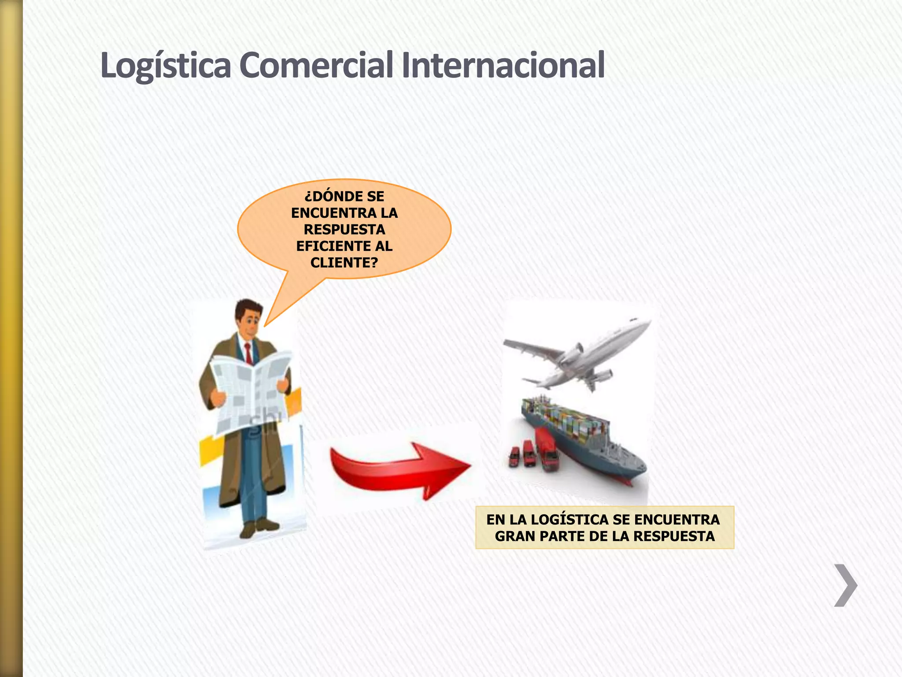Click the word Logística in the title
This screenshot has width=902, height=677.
point(166,65)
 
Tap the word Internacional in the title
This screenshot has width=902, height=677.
point(503,65)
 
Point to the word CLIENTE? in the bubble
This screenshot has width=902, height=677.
point(344,263)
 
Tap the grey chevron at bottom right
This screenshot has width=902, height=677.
point(845,585)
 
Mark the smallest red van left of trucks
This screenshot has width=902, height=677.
point(514,457)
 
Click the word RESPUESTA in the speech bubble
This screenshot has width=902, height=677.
point(344,230)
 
